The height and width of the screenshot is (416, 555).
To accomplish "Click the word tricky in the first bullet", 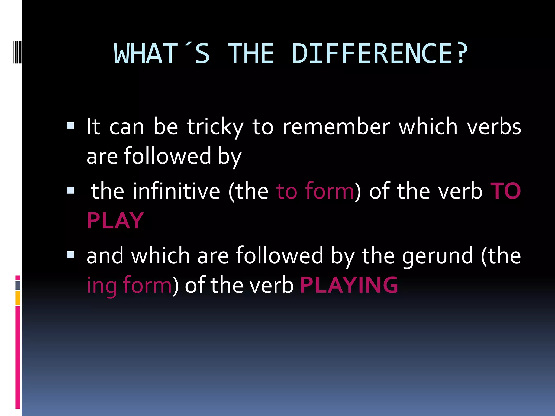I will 215,127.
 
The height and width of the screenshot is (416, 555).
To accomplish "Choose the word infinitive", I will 176,191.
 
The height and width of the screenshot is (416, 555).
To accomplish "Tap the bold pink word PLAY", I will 115,220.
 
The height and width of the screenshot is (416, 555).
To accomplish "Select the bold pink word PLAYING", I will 349,285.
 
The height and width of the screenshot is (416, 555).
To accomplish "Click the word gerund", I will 437,256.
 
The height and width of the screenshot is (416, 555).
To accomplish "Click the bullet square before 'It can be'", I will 70,126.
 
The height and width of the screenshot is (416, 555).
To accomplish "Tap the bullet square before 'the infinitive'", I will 70,190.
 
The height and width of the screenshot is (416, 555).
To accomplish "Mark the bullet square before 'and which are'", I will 70,255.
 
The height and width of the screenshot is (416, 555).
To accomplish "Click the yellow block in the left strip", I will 18,298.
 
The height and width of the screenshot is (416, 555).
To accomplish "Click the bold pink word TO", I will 506,191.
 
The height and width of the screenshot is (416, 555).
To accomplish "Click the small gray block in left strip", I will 18,285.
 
